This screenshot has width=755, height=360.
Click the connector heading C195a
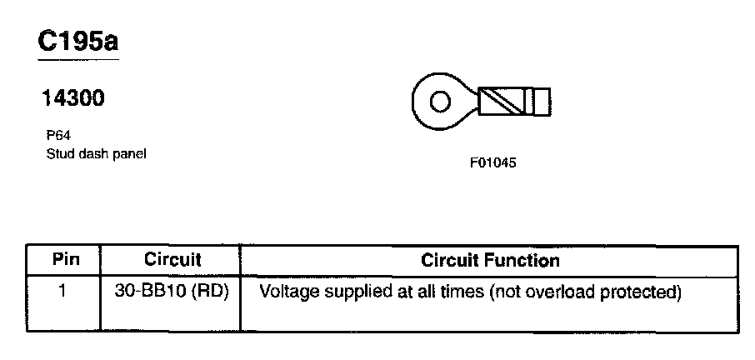tap(77, 42)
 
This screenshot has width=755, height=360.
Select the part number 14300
tap(73, 98)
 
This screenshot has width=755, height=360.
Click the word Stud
tap(59, 153)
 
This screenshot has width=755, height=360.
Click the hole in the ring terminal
tap(438, 103)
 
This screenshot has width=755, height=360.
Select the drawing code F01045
tap(493, 163)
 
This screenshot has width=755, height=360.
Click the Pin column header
tap(65, 259)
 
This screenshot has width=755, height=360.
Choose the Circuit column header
tap(172, 259)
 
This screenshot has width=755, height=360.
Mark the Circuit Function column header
tap(490, 260)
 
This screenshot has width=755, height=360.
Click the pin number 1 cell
tap(64, 292)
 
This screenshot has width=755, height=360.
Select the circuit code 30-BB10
tap(152, 292)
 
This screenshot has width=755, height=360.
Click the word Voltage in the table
tap(288, 292)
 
